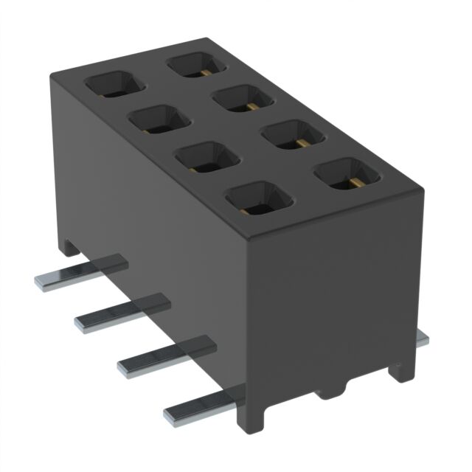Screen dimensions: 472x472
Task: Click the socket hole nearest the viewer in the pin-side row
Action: (258, 198)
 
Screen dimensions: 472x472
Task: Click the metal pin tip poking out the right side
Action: (422, 338)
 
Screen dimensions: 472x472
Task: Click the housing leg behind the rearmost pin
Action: (67, 244)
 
